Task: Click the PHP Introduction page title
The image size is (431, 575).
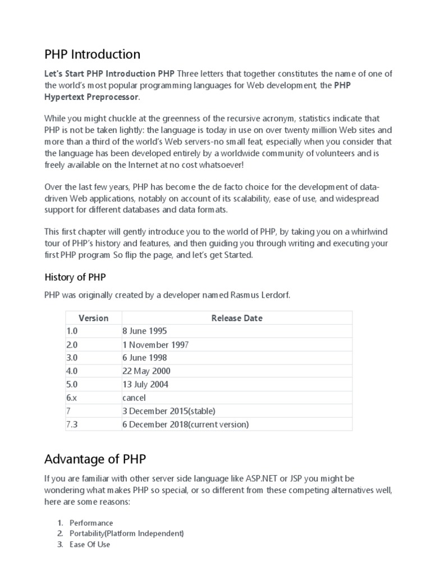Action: pos(92,54)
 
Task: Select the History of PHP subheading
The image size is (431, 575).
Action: pos(75,277)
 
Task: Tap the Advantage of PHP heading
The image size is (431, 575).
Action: pos(95,459)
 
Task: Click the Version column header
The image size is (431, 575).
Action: pos(93,318)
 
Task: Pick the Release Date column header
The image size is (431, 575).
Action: pos(237,318)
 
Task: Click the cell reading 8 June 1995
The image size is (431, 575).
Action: pos(144,331)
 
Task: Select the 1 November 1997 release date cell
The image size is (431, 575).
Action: pos(155,345)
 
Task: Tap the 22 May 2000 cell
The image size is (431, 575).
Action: pos(146,371)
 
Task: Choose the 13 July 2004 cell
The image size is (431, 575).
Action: pos(145,385)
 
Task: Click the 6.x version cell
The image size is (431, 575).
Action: pos(71,398)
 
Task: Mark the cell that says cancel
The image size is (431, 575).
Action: pos(134,398)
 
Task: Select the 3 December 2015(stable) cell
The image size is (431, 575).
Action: pos(168,411)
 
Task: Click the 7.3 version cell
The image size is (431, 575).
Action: pos(71,425)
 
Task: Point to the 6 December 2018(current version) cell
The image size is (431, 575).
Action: pos(185,425)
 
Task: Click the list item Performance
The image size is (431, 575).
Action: pos(91,523)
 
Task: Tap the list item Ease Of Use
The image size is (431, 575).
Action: pos(90,544)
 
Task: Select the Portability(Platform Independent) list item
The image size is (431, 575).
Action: pos(126,533)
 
